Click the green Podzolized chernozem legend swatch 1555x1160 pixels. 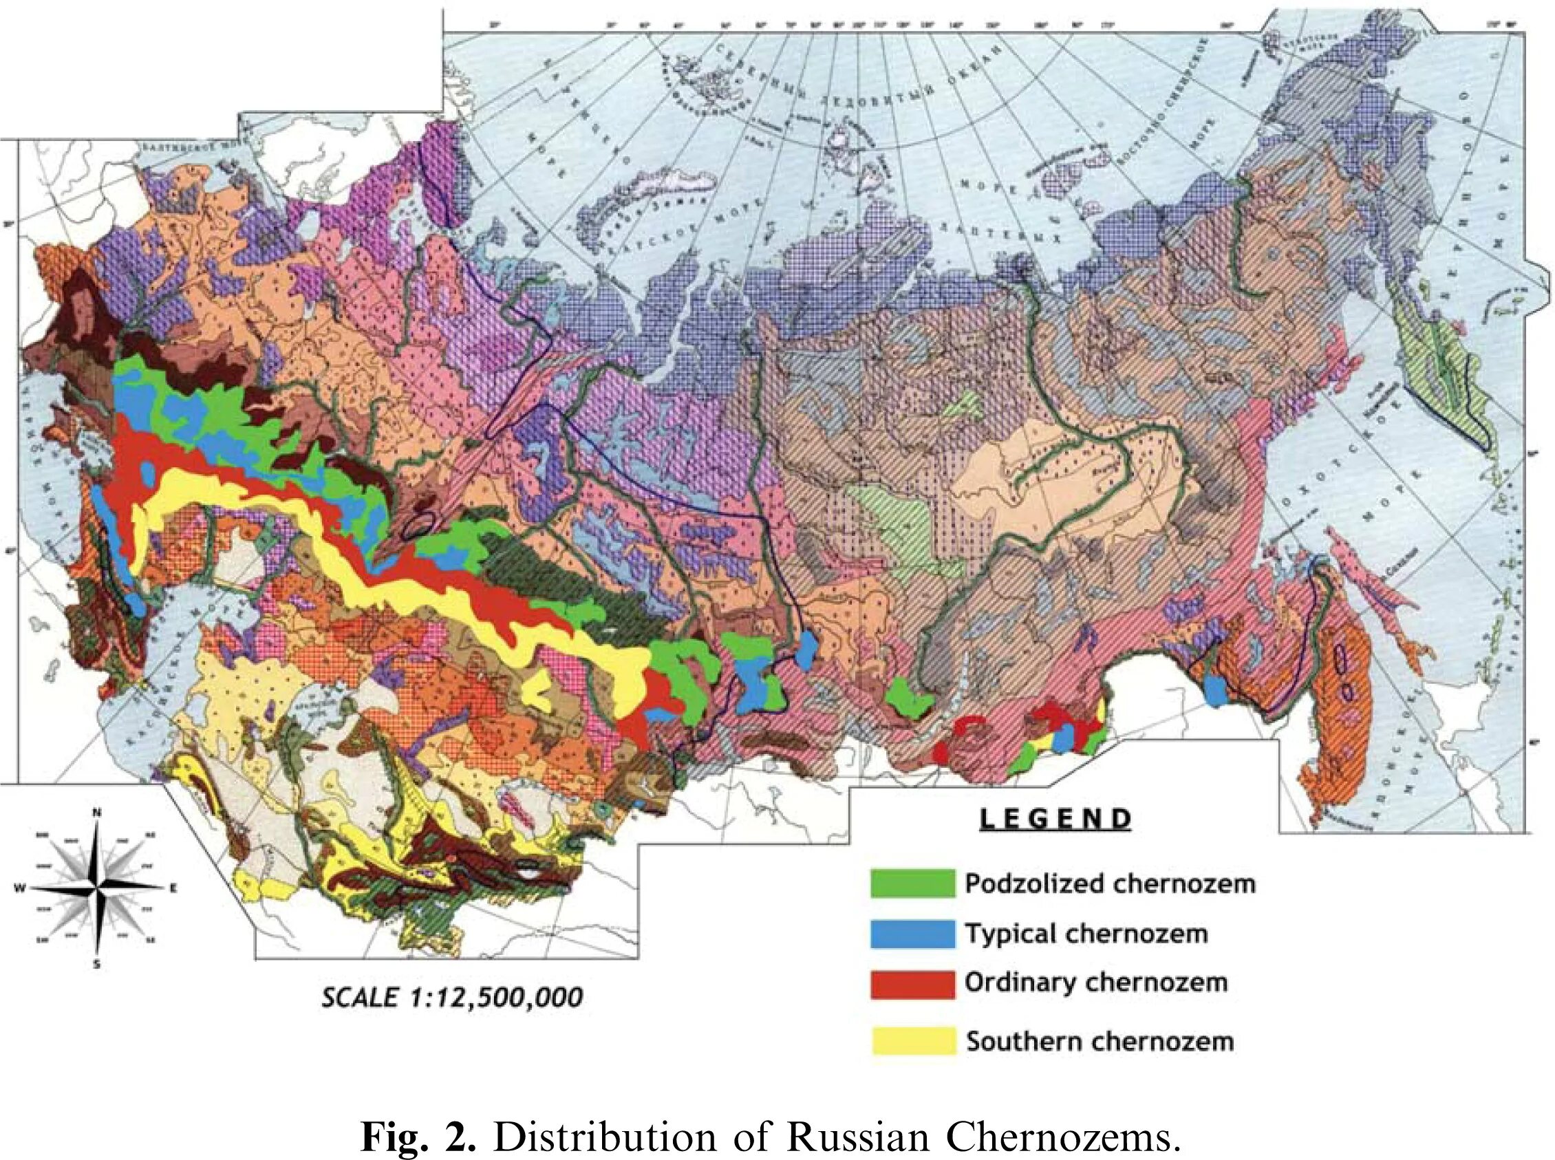(x=912, y=883)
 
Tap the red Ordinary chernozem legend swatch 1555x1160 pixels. (x=912, y=983)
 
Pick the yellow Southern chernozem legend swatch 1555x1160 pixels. (x=912, y=1040)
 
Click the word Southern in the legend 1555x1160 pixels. (x=1009, y=1040)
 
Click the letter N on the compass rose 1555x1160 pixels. (x=97, y=813)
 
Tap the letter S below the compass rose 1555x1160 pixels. (x=97, y=965)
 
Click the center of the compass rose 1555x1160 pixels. (x=97, y=888)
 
